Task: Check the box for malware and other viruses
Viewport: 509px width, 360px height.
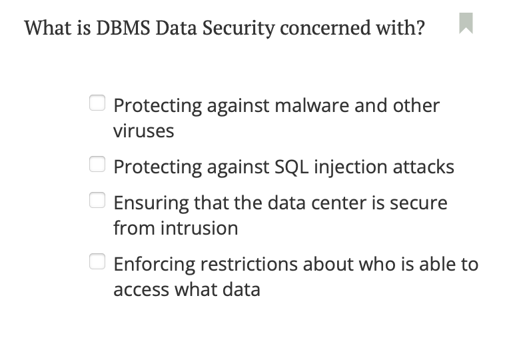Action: (97, 103)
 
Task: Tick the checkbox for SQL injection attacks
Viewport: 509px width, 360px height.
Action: (97, 164)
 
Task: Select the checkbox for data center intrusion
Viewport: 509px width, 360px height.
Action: (97, 200)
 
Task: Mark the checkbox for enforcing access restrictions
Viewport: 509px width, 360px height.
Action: (97, 261)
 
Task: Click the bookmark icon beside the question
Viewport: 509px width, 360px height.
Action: (466, 23)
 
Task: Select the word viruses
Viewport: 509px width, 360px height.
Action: (143, 131)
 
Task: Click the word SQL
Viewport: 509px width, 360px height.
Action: (290, 167)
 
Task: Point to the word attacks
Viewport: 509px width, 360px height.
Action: (422, 167)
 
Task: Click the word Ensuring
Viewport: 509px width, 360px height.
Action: (151, 203)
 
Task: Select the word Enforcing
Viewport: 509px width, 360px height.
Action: (155, 265)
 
